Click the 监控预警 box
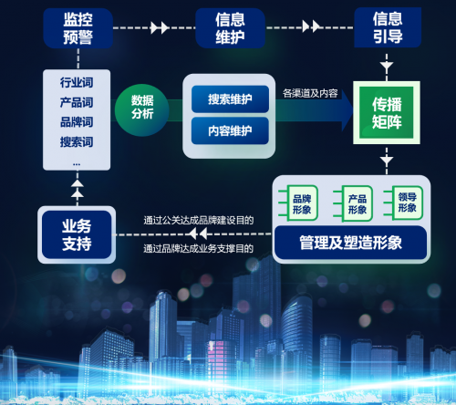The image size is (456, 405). coord(78,28)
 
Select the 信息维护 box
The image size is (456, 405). coord(230,28)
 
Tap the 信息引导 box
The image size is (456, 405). coord(388,27)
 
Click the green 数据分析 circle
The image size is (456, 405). coord(142,110)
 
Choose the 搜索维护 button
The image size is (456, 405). coord(230,99)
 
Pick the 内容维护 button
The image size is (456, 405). coord(230,130)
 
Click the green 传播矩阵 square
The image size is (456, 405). coord(387,112)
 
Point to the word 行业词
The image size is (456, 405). coord(77,82)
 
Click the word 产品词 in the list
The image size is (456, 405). coord(77,102)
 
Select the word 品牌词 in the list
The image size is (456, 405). coord(77,122)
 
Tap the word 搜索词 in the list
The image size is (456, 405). coord(77,142)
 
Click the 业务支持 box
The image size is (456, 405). coord(77,234)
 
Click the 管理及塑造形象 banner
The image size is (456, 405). coord(350,243)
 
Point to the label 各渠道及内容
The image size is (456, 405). coord(310,93)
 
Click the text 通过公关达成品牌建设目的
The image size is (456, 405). coord(199,220)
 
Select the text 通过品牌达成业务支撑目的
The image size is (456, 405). coord(199,248)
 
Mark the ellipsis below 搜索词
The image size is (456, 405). coord(77,164)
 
